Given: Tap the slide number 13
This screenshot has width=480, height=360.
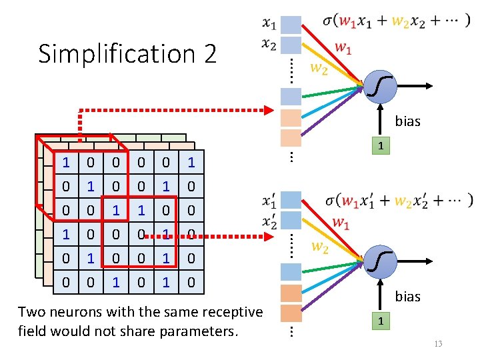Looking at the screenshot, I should click(437, 343).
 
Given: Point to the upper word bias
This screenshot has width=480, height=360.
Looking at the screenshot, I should click(407, 121).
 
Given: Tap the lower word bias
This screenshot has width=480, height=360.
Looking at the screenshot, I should click(407, 297).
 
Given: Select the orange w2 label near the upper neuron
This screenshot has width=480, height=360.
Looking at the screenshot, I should click(319, 69).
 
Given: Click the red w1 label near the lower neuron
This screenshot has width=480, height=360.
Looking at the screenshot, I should click(340, 223).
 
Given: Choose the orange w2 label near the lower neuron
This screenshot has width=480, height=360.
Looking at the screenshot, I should click(319, 247).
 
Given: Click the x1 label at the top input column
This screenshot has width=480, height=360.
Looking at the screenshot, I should click(269, 24).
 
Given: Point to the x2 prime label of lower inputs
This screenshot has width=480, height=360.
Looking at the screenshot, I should click(269, 221).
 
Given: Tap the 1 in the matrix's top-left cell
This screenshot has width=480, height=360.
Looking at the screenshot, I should click(65, 162).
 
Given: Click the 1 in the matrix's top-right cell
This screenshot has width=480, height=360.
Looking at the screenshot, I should click(191, 162).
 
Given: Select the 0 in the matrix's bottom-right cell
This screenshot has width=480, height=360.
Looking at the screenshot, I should click(191, 283).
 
